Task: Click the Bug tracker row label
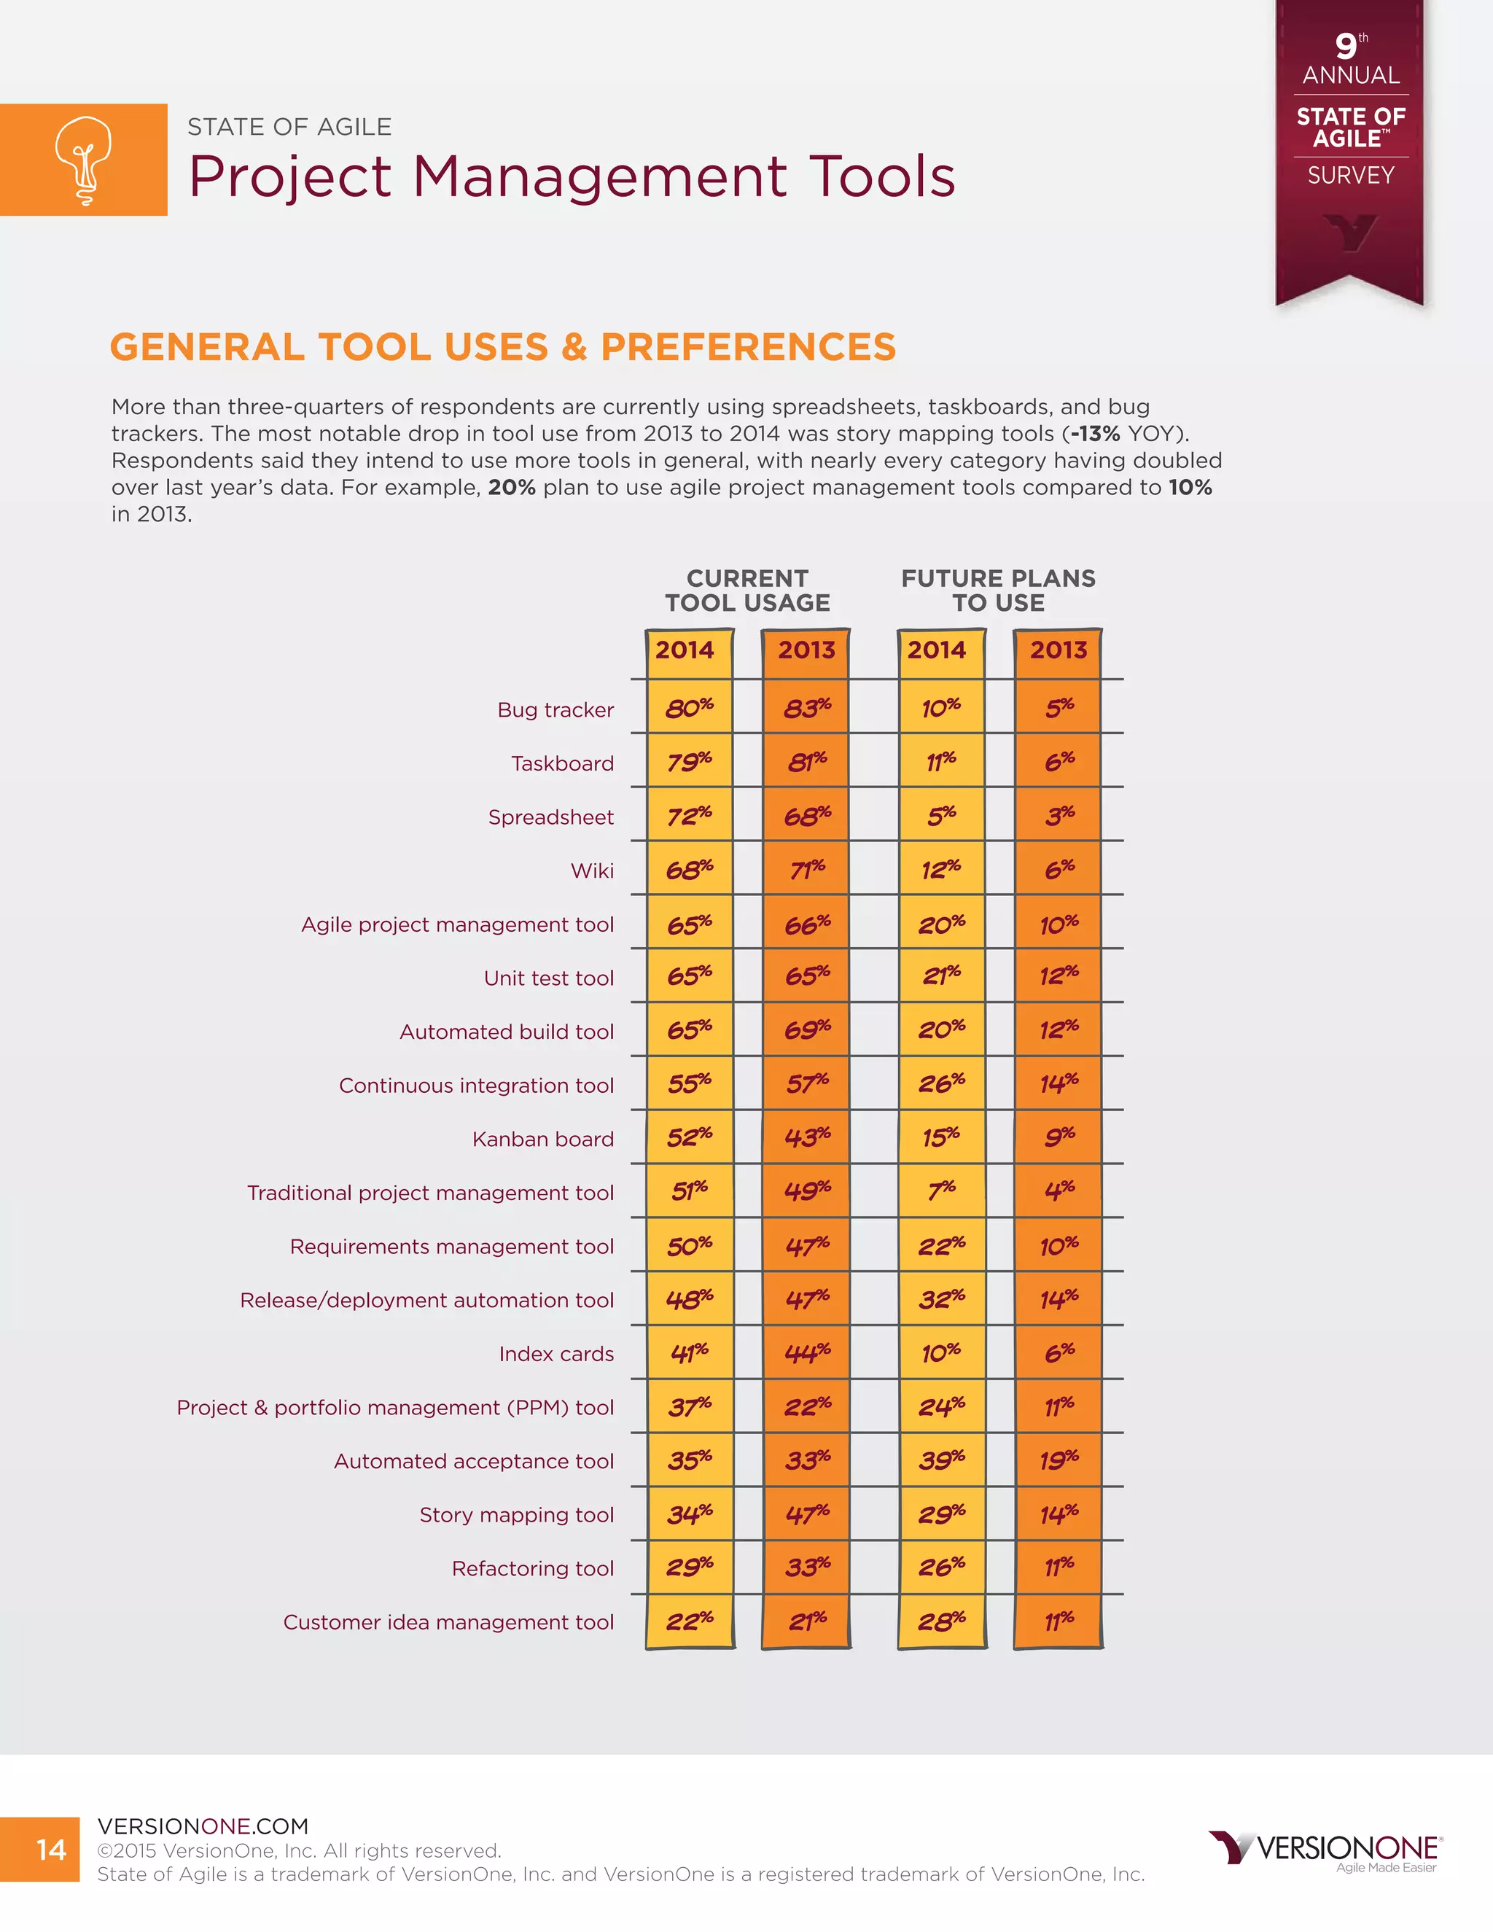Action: coord(556,709)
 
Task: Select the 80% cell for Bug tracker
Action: coord(689,708)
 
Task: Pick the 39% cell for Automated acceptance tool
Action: coord(941,1460)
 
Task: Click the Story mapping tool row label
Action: coord(517,1514)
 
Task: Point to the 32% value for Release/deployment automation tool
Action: coord(941,1298)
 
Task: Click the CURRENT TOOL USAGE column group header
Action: coord(747,590)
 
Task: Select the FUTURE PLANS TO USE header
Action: coord(998,590)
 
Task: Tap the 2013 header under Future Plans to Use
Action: coord(1058,650)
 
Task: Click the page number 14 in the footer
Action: coord(51,1849)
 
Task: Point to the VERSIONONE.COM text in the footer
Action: coord(203,1826)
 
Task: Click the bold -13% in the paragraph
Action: coord(1095,434)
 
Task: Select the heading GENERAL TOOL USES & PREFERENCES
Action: coord(502,347)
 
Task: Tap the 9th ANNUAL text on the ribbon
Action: coord(1351,61)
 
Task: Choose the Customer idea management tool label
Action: coord(448,1621)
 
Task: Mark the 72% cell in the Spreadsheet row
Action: coord(689,815)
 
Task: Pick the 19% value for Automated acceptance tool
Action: coord(1059,1460)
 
